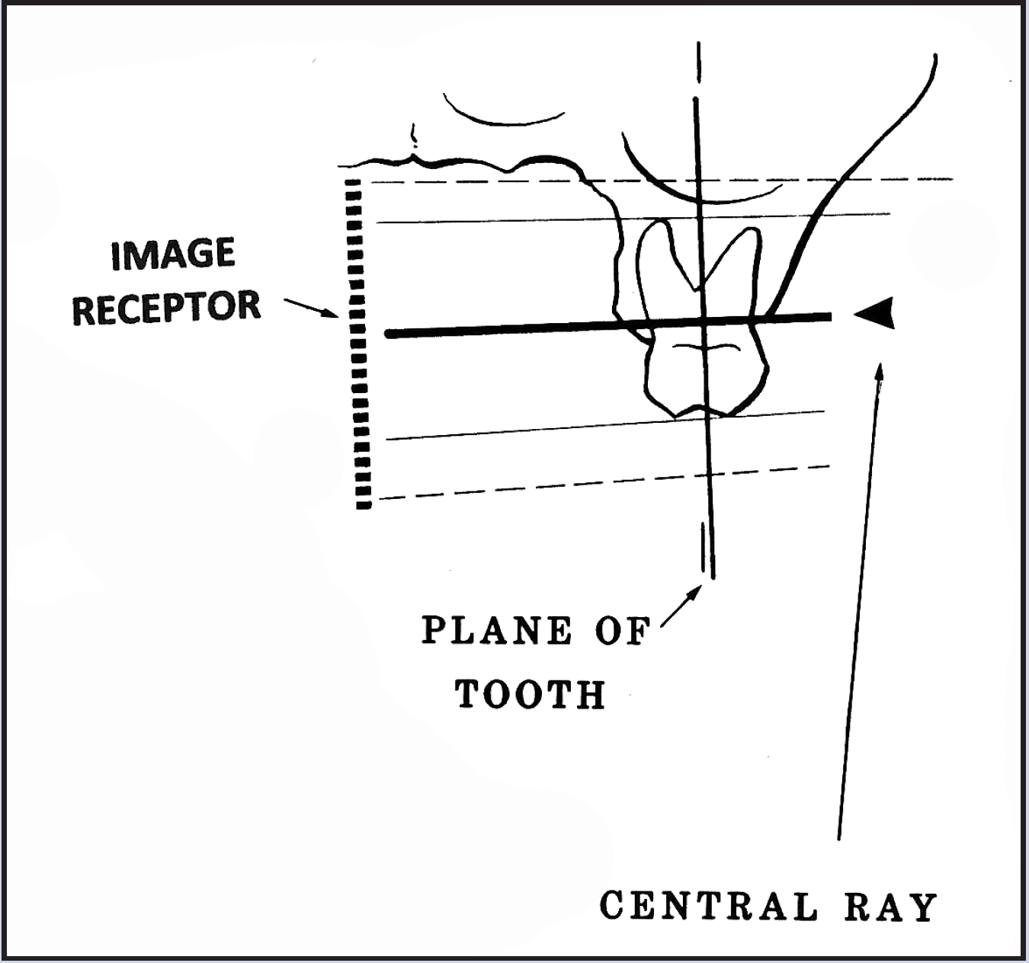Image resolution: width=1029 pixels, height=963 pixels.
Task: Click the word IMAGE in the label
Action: tap(173, 254)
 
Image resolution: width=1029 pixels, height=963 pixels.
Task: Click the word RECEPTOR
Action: tap(166, 308)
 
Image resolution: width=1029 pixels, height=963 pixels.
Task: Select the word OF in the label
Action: tap(621, 631)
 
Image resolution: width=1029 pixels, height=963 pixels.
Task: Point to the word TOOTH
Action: tap(531, 694)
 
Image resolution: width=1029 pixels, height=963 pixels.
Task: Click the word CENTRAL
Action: tap(708, 907)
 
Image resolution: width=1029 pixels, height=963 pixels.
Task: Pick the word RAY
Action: tap(890, 907)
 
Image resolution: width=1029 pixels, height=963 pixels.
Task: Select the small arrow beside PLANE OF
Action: tap(681, 605)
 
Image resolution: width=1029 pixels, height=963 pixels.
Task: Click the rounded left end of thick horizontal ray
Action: tap(390, 334)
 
